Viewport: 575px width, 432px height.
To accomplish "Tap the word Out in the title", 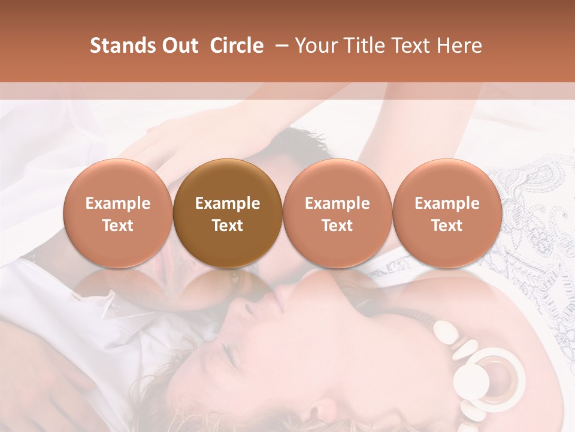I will (179, 46).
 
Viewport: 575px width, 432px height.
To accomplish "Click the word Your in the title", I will (313, 46).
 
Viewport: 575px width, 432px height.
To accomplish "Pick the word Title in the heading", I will (359, 46).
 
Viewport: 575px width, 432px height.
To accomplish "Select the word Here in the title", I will (459, 46).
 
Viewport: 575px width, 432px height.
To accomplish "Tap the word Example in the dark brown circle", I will (228, 203).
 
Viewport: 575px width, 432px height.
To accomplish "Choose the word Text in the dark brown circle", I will (228, 226).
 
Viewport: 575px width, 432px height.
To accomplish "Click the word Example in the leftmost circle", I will (118, 203).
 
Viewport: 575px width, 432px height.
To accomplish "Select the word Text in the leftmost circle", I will (118, 226).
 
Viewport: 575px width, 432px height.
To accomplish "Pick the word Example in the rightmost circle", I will (447, 203).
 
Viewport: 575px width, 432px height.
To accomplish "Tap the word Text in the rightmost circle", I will (447, 226).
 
